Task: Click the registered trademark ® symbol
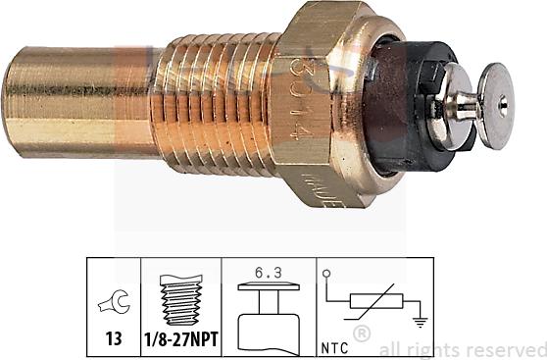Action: point(362,334)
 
